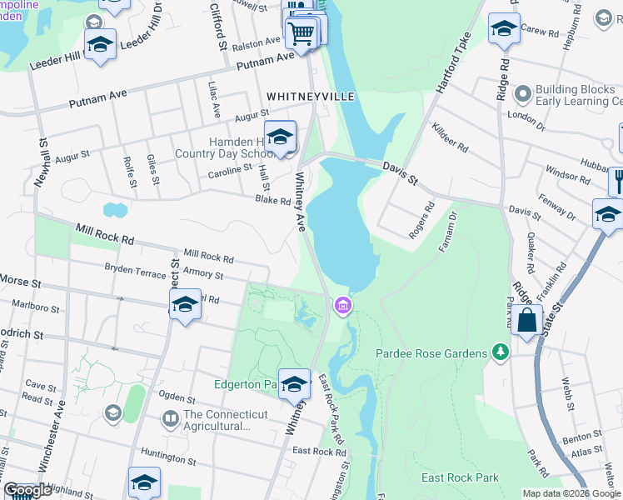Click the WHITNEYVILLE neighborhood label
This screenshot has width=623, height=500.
[x=311, y=97]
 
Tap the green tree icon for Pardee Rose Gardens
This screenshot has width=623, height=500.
[x=500, y=353]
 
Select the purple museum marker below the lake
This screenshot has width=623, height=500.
[x=342, y=307]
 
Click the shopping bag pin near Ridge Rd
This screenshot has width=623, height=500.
[x=526, y=320]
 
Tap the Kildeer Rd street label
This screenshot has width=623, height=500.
[x=451, y=138]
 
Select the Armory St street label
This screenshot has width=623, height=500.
[x=202, y=275]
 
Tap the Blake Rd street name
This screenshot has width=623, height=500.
[x=272, y=200]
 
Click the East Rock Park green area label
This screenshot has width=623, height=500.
[x=460, y=477]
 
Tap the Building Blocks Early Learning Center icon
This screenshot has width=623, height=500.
[x=523, y=92]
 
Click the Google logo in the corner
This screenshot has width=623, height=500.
[x=28, y=490]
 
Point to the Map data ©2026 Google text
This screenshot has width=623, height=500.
[x=571, y=492]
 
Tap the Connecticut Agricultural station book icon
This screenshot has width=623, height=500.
[x=171, y=417]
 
